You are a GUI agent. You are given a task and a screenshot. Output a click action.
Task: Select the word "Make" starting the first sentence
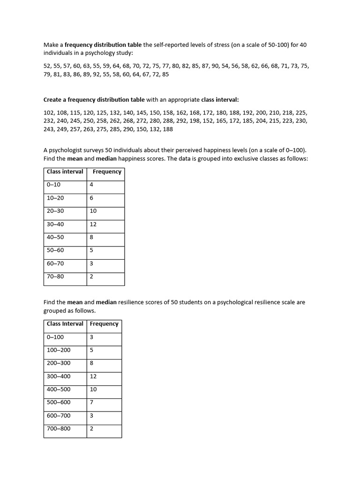pos(50,45)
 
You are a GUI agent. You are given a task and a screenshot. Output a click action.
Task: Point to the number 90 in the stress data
pos(215,66)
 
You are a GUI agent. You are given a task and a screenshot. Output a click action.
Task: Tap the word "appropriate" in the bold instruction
pos(182,99)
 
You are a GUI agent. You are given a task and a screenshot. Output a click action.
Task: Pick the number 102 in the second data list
pos(49,112)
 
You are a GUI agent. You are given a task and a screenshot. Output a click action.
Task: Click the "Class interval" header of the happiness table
pos(65,172)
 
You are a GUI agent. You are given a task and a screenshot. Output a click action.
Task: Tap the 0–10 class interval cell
pos(53,185)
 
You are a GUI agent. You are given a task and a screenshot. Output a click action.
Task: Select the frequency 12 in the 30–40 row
pos(93,224)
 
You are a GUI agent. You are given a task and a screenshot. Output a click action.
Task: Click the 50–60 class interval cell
pos(55,250)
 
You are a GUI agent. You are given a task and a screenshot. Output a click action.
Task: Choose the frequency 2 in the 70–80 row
pos(91,277)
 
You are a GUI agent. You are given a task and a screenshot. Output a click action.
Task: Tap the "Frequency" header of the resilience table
pos(104,324)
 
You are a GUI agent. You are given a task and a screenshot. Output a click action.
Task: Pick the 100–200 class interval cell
pos(59,350)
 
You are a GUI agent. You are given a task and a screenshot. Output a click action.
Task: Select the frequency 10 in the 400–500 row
pos(93,389)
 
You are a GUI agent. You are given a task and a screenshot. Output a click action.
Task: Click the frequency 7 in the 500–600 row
pos(91,402)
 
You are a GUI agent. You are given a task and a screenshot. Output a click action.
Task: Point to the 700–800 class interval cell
pos(59,428)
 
